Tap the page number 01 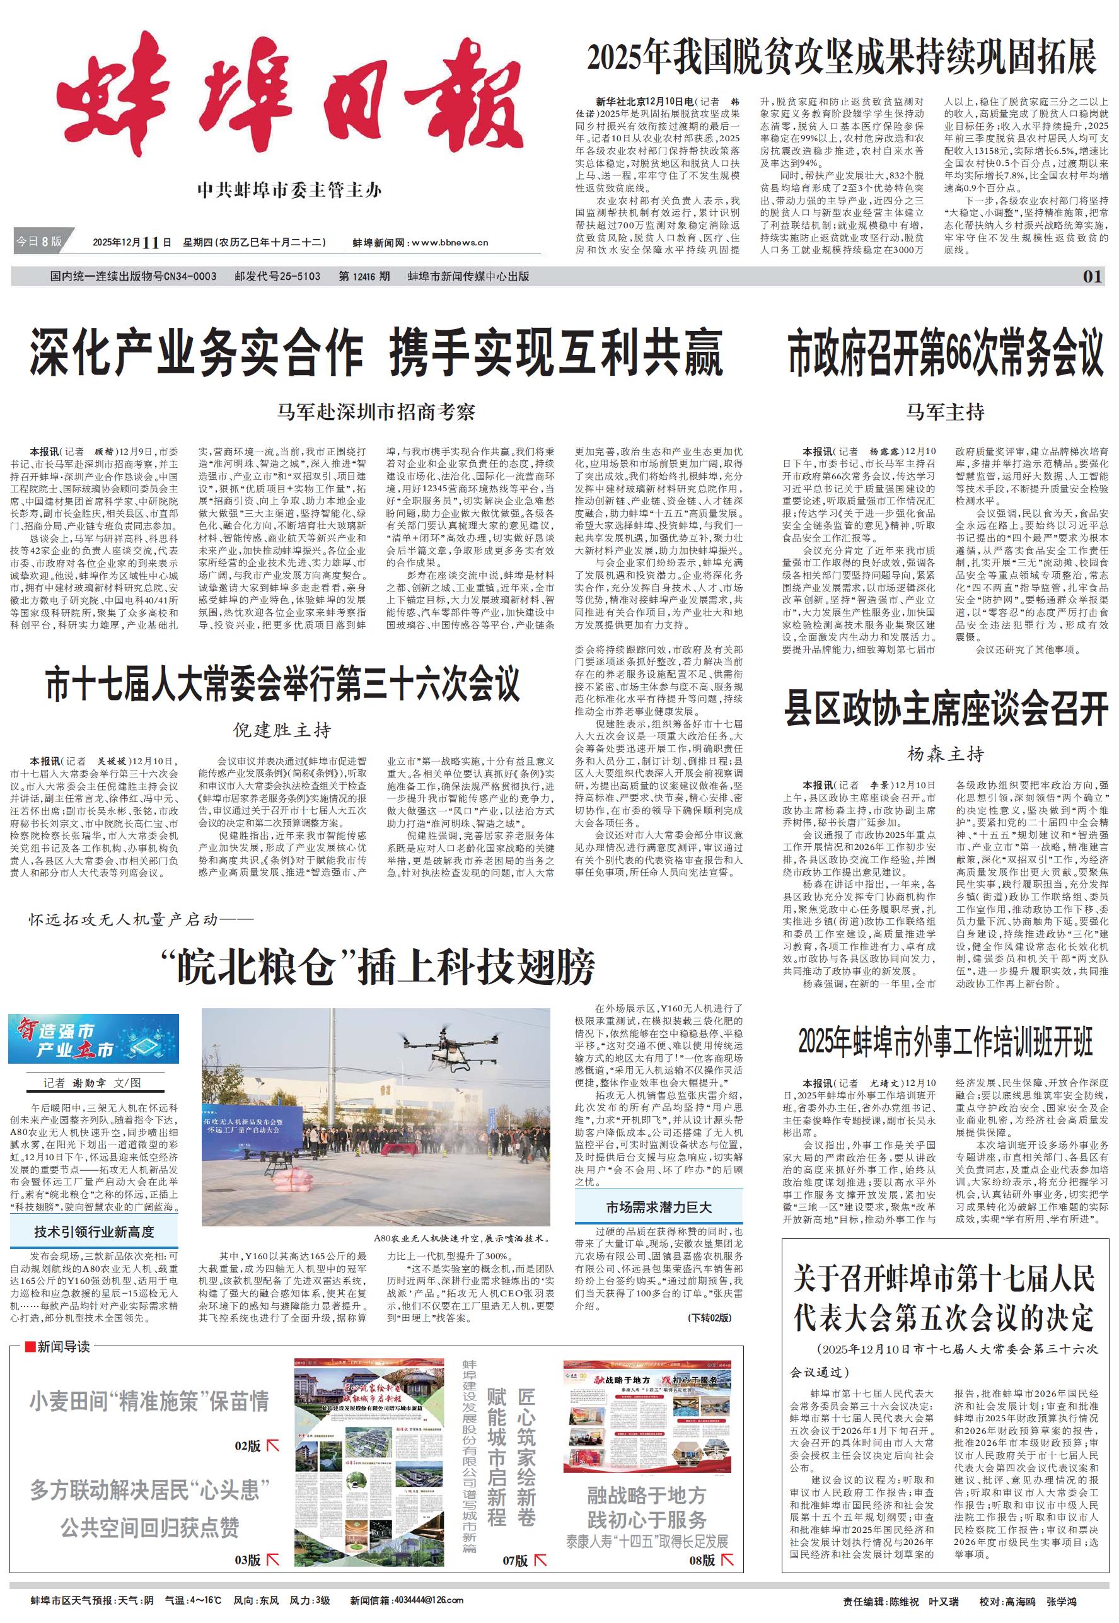tap(1093, 276)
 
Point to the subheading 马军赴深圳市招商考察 tap(376, 412)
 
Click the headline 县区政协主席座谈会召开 tap(946, 708)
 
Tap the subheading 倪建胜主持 tap(282, 730)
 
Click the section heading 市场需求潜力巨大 tap(658, 1207)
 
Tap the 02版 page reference tap(248, 1445)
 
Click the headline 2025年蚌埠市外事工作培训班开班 tap(945, 1042)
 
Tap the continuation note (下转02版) tap(710, 1317)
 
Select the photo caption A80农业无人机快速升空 tap(461, 1238)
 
